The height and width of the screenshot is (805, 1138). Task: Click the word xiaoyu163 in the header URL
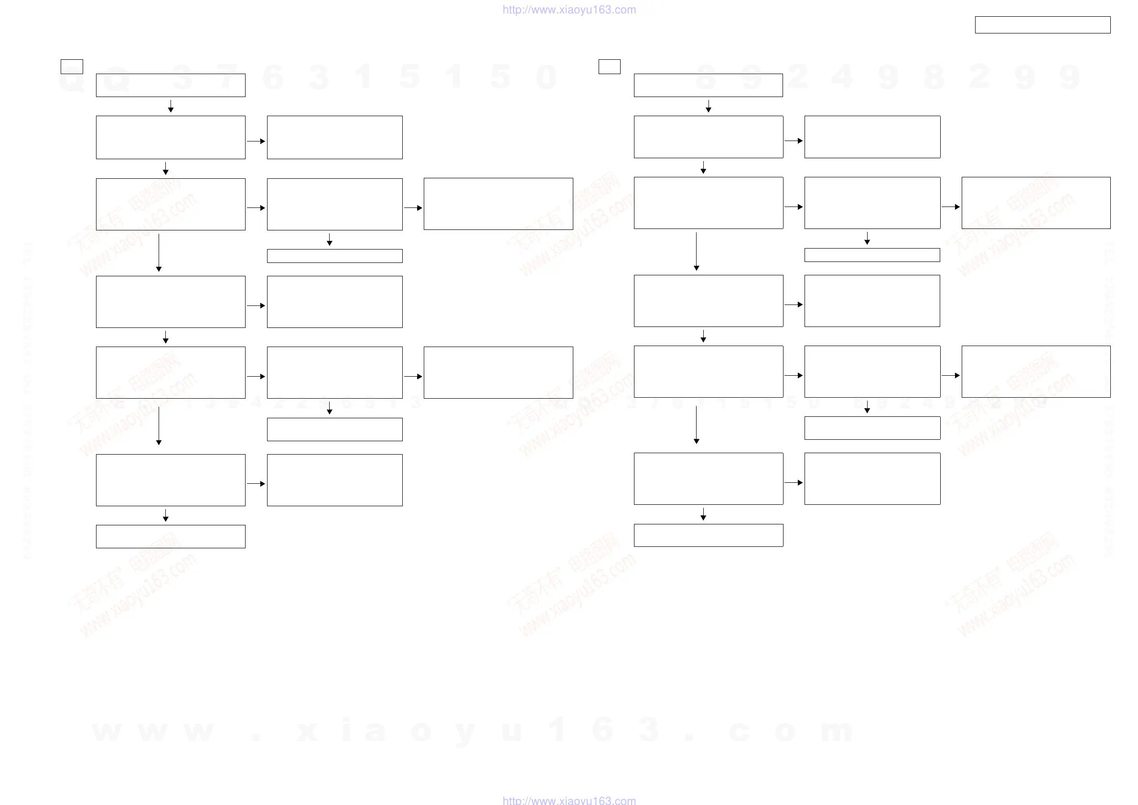coord(585,10)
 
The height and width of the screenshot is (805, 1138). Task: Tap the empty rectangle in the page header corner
coord(1042,25)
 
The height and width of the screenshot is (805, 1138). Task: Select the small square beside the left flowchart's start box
coord(71,66)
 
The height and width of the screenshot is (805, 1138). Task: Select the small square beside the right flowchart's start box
coord(609,66)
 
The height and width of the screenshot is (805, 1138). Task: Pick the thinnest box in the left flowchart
coord(334,256)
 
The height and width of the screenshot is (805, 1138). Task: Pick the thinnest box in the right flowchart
coord(872,255)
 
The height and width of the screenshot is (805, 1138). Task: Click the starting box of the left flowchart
coord(171,85)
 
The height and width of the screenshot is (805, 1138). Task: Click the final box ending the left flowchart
coord(171,536)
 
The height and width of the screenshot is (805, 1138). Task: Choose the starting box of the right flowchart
coord(709,85)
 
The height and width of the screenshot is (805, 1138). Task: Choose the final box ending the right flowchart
coord(709,535)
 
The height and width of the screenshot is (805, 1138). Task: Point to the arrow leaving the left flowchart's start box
coord(171,106)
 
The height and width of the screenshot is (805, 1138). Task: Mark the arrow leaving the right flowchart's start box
coord(709,106)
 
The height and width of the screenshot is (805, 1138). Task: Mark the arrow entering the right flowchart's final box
coord(703,514)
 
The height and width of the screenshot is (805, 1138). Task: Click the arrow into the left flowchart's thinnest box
coord(329,240)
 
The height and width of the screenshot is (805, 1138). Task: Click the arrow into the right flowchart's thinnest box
coord(867,239)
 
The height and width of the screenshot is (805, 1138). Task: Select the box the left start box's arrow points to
coord(171,137)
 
